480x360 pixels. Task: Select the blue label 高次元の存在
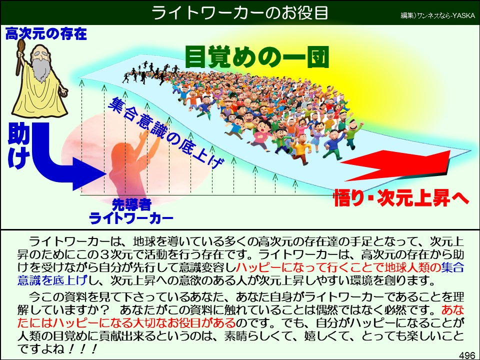click(x=46, y=34)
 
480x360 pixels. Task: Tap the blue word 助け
click(x=18, y=144)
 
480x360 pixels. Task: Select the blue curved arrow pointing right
click(x=65, y=160)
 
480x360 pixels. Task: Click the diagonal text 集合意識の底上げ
click(x=165, y=132)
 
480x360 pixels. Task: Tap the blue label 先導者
click(x=131, y=204)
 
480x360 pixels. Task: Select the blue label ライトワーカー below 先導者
click(x=131, y=218)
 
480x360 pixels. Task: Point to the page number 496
click(x=466, y=354)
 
